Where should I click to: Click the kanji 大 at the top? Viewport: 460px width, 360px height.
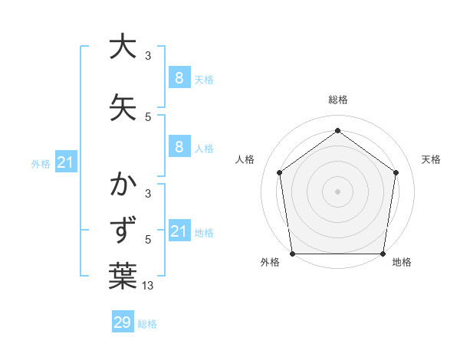(x=123, y=47)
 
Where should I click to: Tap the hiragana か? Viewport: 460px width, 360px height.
(x=123, y=185)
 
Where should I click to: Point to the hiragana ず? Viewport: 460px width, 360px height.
(x=123, y=231)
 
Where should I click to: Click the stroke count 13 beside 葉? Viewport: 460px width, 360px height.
(x=148, y=286)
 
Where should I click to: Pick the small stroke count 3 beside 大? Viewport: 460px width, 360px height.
(x=148, y=56)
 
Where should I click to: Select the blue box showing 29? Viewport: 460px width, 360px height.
(x=123, y=322)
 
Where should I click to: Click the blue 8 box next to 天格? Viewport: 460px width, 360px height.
(x=179, y=78)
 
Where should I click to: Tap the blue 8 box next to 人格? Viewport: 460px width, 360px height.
(x=179, y=147)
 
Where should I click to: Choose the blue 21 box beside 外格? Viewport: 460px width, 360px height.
(x=66, y=162)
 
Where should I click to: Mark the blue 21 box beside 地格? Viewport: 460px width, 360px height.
(x=179, y=231)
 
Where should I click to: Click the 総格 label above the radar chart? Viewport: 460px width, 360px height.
(x=337, y=100)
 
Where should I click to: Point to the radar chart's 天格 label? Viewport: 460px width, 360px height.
(x=432, y=159)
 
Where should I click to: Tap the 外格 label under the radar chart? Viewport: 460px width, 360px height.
(x=270, y=263)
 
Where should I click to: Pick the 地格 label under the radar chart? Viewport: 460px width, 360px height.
(x=402, y=263)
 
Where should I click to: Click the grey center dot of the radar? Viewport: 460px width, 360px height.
(x=337, y=191)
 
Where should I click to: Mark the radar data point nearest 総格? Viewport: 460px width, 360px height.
(x=337, y=131)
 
